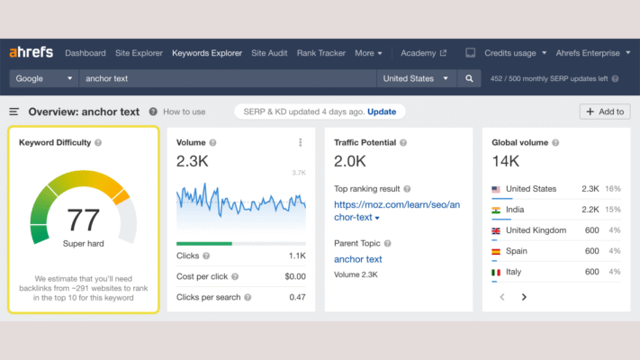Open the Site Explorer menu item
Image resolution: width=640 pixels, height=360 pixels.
pyautogui.click(x=139, y=53)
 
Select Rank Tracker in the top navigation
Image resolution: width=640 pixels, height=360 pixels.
pyautogui.click(x=320, y=53)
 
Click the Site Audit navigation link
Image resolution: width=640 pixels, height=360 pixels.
pyautogui.click(x=269, y=53)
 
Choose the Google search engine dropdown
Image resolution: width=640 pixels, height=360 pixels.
pyautogui.click(x=44, y=78)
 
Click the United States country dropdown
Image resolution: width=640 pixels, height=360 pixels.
pyautogui.click(x=415, y=78)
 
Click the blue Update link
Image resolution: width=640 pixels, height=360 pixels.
pyautogui.click(x=382, y=112)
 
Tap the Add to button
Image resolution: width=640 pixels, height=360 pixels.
pyautogui.click(x=604, y=112)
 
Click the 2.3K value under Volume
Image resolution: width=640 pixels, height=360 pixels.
pyautogui.click(x=193, y=162)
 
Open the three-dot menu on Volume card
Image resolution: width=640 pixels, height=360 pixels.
pyautogui.click(x=300, y=142)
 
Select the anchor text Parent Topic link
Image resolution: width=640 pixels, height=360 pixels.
pyautogui.click(x=358, y=259)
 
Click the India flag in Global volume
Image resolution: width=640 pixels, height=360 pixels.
pyautogui.click(x=496, y=210)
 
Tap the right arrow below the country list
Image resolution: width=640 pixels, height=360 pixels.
pyautogui.click(x=524, y=296)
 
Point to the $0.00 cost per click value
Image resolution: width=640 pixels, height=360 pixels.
pyautogui.click(x=294, y=276)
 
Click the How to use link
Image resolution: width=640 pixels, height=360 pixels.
pyautogui.click(x=184, y=112)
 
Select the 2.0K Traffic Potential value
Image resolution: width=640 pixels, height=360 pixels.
pyautogui.click(x=350, y=162)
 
